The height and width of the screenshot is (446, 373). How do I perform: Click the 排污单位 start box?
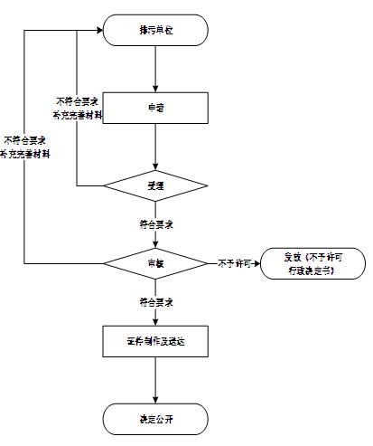coord(156,29)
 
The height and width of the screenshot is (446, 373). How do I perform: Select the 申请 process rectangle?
coord(156,107)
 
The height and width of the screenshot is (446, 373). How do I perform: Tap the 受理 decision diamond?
coord(156,185)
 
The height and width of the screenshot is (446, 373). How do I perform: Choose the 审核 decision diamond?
coord(156,263)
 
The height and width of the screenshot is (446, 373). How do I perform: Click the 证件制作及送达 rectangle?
coord(156,341)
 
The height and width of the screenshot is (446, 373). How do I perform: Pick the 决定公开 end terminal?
coord(156,418)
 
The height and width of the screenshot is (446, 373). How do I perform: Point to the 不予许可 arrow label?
coord(233,263)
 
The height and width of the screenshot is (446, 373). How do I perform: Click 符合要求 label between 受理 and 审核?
coord(156,223)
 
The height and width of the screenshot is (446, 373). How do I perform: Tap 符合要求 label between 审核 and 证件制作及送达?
coord(156,300)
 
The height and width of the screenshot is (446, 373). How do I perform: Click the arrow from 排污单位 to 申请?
coord(156,68)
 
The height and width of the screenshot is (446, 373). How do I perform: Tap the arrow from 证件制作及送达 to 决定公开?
coord(156,380)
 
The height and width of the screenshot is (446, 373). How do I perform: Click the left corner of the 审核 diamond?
coord(104,263)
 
